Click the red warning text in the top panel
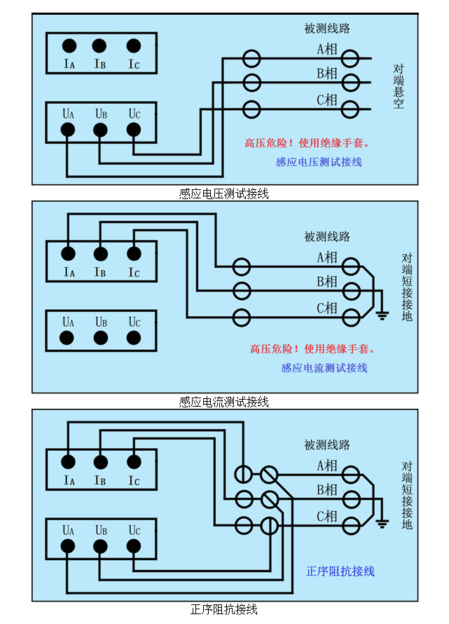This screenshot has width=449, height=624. [x=307, y=143]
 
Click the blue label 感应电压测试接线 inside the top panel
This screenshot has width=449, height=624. [x=319, y=162]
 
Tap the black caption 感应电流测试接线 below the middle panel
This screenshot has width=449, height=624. [x=224, y=402]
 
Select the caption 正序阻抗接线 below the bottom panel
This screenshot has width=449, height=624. [x=224, y=609]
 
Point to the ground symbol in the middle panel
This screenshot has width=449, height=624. [x=382, y=315]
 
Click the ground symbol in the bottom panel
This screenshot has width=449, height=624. [x=382, y=522]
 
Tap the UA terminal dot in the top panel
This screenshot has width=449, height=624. [x=67, y=130]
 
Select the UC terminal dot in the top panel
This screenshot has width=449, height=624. [x=133, y=130]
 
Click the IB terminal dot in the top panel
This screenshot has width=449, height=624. [x=100, y=46]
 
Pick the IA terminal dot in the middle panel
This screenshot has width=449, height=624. [x=68, y=254]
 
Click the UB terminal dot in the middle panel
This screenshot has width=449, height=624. [x=101, y=338]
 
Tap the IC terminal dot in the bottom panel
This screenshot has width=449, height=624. [x=133, y=461]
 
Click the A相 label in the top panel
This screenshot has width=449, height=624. [x=327, y=49]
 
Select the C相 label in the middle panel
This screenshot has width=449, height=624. [x=327, y=308]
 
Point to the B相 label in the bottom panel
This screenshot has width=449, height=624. [x=327, y=489]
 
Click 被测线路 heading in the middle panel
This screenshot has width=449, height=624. [x=327, y=236]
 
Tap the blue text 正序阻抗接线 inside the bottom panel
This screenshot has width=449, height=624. [x=340, y=571]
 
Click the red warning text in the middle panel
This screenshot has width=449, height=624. [x=312, y=349]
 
